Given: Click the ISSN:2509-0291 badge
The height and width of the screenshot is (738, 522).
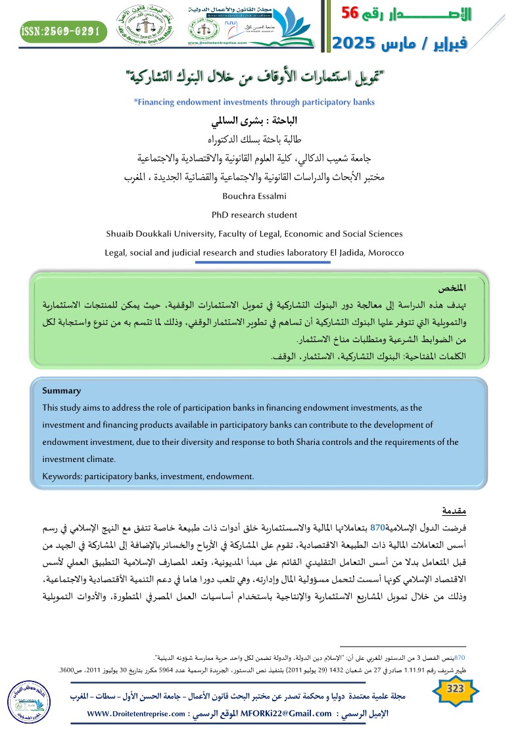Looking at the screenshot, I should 64,30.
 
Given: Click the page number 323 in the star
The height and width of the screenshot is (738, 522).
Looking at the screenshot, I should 455,689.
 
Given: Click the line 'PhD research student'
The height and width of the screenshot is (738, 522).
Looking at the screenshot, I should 254,214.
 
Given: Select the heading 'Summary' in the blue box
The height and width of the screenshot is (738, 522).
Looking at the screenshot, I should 61,390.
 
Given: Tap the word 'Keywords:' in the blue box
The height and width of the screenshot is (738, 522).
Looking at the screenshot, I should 61,476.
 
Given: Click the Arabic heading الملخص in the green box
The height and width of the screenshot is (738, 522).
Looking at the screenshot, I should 453,288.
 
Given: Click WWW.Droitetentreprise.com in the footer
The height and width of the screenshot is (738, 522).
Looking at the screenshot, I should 137,714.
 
